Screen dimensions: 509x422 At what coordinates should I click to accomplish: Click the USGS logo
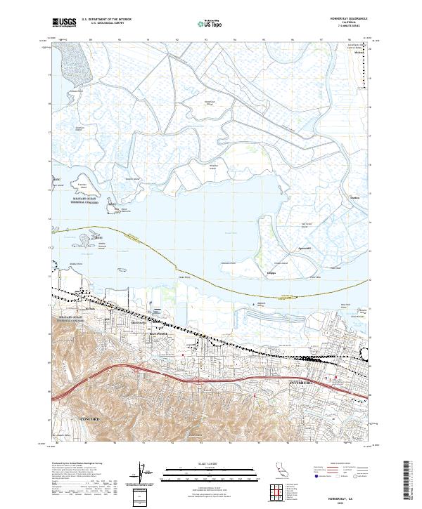point(64,22)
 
